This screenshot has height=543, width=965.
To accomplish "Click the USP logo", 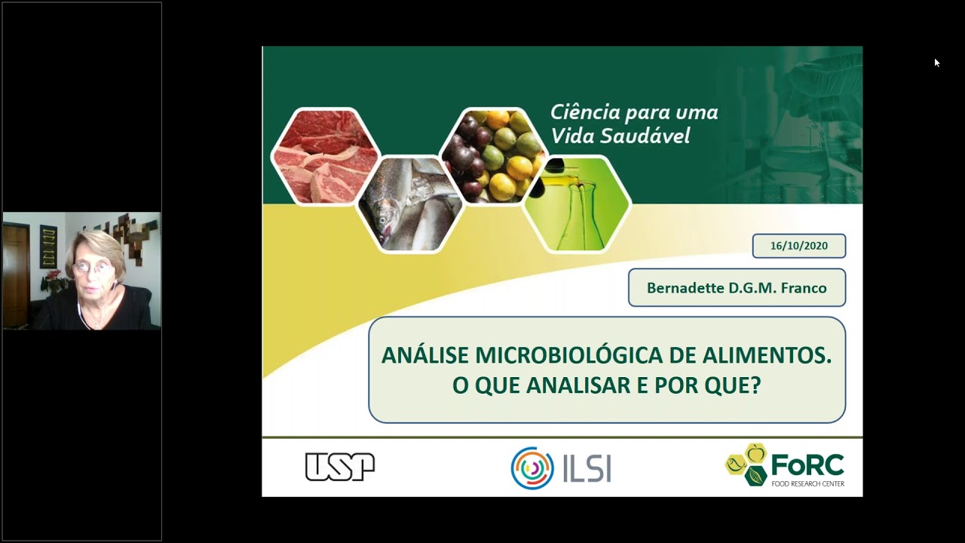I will [x=339, y=467].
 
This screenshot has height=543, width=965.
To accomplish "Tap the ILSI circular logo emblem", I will [x=532, y=468].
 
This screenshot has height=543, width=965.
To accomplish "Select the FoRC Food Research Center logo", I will [x=785, y=465].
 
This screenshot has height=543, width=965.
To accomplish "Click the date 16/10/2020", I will [x=798, y=246].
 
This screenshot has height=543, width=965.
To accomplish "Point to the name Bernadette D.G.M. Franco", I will [x=737, y=288].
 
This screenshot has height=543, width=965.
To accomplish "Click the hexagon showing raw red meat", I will [x=326, y=156].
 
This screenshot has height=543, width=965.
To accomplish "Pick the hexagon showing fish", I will [x=411, y=204].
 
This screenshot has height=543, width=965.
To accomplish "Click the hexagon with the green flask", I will [x=577, y=204].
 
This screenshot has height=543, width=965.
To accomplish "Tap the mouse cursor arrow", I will [x=937, y=63].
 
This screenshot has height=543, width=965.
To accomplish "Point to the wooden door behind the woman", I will [x=16, y=271].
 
